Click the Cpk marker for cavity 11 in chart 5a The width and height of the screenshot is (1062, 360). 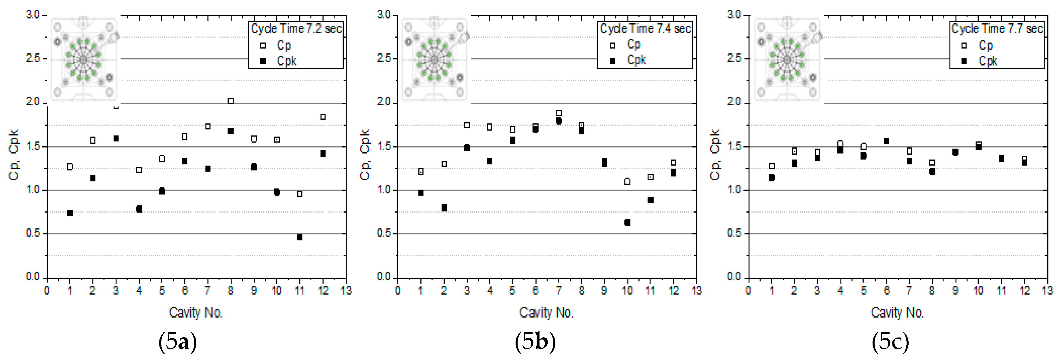300,237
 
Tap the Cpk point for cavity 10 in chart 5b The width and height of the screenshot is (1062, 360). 627,222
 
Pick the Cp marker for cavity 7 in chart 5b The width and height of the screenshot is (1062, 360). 559,113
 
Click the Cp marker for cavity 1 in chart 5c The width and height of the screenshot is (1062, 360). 772,166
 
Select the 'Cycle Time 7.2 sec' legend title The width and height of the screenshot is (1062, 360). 296,29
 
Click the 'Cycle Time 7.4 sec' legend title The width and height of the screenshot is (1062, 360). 646,29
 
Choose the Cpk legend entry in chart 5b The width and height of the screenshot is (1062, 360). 636,60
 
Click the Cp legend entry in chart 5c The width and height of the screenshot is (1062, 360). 985,45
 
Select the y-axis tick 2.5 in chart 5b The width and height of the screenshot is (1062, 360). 384,58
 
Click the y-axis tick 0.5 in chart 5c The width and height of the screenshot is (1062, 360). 734,233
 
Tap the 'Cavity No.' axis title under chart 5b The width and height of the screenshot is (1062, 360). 546,313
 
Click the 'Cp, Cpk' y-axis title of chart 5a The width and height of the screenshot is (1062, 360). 14,155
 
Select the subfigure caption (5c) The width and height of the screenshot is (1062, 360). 890,342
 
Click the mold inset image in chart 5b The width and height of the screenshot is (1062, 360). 435,59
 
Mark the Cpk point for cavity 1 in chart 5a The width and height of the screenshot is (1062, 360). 70,213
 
